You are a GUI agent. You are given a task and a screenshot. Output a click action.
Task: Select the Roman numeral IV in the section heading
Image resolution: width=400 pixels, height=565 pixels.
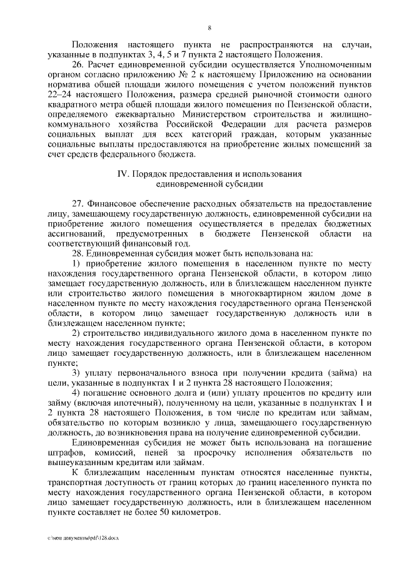click(123, 173)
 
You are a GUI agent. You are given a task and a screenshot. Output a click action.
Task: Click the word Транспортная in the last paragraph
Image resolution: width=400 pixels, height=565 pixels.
click(74, 484)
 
